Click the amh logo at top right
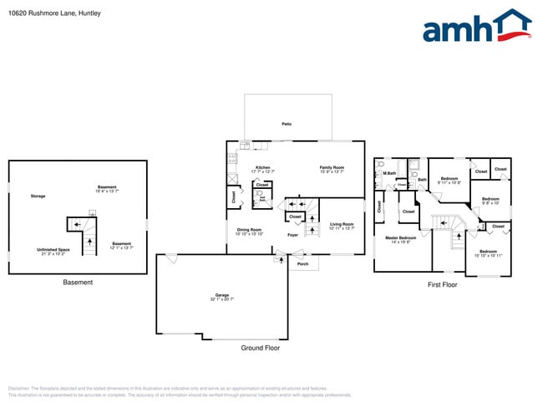coord(476,26)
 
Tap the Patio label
coord(287,124)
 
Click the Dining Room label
coord(249,230)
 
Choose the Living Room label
coord(342,224)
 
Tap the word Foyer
coord(293,236)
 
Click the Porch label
coord(302,264)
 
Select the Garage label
coord(222,295)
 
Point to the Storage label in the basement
coord(38,196)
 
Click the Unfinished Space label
coord(53,249)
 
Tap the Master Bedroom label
coord(401,238)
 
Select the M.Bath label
coord(389,174)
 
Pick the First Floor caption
coord(443,285)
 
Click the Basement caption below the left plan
coord(78,283)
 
